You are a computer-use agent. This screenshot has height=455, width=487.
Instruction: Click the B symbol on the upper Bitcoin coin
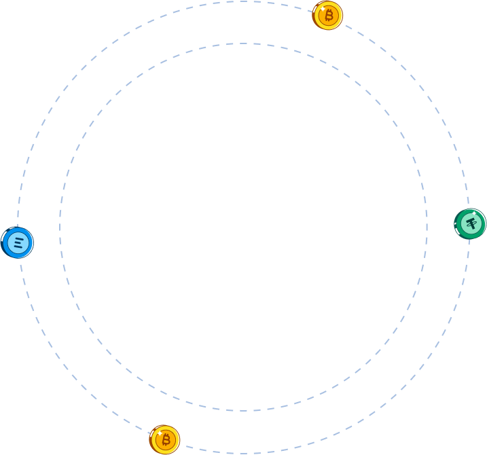coord(329,15)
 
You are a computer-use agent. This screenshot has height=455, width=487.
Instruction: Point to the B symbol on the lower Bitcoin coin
coord(166,440)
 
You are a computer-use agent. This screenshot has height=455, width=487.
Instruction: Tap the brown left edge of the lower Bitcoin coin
coord(151,441)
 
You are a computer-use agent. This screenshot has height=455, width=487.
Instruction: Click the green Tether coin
coord(470,224)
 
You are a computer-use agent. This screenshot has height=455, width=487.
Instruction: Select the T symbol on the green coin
coord(471,224)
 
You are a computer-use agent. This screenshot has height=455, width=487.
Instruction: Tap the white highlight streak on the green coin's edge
coord(456,228)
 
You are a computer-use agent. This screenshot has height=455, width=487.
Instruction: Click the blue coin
coord(17,242)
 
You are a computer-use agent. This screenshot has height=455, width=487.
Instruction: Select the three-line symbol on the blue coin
coord(18,242)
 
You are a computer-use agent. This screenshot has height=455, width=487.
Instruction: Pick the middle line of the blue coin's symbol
coord(18,242)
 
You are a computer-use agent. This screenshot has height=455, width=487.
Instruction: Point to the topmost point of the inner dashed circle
coord(243,43)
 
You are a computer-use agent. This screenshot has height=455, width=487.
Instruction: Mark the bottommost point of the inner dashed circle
coord(243,411)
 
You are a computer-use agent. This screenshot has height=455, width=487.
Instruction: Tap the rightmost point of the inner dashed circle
coord(427,227)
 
